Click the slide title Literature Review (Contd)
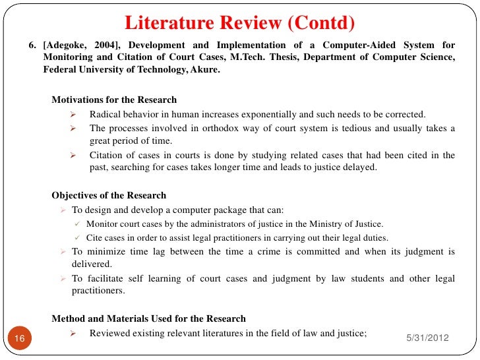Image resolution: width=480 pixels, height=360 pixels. coord(240,24)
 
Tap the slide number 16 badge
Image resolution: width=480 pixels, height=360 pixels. coord(19,338)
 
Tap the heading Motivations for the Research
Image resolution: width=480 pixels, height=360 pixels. coord(114,100)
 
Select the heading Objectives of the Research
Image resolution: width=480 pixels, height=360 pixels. coord(109,196)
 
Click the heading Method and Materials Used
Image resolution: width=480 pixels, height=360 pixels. coord(148,319)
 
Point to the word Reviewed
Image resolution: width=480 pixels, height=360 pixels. coord(111,334)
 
